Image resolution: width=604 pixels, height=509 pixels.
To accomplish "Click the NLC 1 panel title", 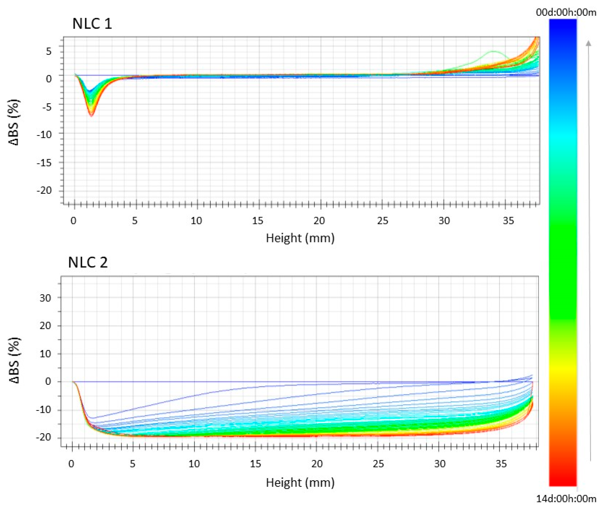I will tap(92, 24).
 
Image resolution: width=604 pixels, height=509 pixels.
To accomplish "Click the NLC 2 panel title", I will tap(88, 263).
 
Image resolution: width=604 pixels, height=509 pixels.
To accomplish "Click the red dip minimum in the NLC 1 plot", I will tap(91, 116).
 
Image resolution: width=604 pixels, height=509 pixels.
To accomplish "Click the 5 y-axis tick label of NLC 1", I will tap(49, 52).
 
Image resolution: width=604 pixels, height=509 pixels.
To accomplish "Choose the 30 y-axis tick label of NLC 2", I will tap(45, 298).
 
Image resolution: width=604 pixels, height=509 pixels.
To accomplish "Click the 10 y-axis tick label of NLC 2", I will tap(45, 354).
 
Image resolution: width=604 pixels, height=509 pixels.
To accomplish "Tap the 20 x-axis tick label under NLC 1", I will tap(319, 221).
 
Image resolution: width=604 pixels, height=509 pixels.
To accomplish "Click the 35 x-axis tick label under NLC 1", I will tap(508, 221).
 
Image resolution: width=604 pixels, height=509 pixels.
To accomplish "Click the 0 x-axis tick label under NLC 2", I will tap(71, 464).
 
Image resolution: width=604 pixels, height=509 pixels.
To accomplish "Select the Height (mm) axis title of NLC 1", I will tap(300, 238).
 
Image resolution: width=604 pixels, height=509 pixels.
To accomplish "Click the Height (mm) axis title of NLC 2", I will tap(300, 482).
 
